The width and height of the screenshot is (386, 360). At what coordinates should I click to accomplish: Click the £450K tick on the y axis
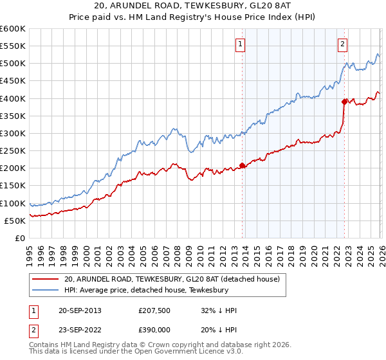point(13,81)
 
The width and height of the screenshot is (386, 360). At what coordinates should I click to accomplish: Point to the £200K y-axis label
point(13,168)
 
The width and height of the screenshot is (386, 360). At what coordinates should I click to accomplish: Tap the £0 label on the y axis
point(20,239)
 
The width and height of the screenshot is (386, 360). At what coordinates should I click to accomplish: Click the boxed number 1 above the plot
point(240,44)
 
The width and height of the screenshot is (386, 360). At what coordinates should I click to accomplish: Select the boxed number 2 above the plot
point(342,44)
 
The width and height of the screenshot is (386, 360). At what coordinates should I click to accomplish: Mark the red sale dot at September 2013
point(243,165)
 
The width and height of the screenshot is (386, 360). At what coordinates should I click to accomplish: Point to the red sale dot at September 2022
point(345,101)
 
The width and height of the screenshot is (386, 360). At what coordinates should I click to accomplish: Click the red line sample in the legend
point(45,279)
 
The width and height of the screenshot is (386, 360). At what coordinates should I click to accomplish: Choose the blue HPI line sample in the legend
point(45,290)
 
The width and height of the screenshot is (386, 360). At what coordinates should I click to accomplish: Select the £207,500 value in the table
point(156,310)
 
